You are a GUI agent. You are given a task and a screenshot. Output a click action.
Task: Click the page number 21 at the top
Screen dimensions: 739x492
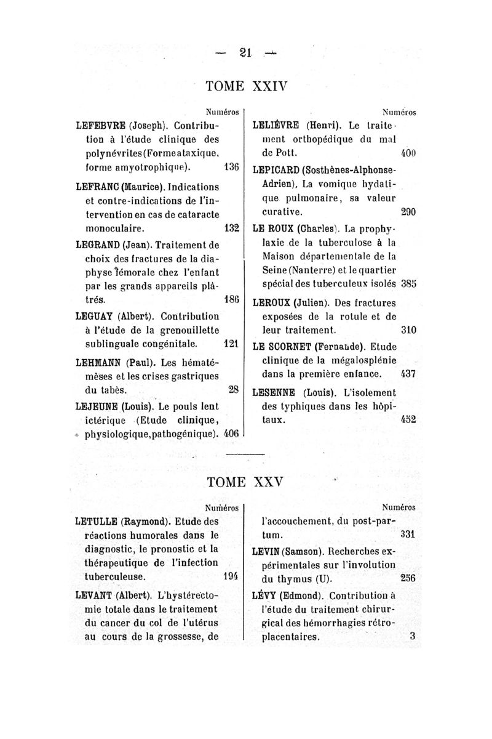245,54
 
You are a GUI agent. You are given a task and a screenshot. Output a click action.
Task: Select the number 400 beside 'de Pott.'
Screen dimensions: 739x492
408,152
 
